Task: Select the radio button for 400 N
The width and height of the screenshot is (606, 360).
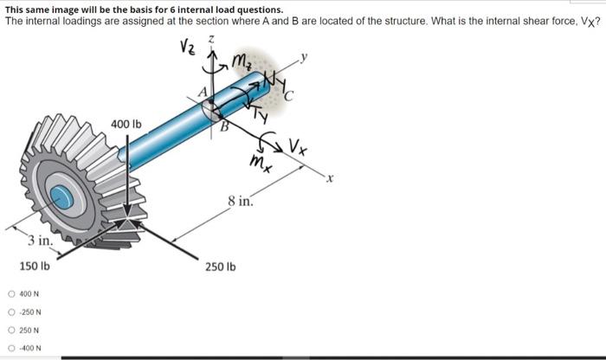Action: click(11, 294)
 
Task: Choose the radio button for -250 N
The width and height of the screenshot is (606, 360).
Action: click(11, 312)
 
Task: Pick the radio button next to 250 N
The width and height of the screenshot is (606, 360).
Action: click(11, 331)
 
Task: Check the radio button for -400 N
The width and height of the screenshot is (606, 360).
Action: click(11, 348)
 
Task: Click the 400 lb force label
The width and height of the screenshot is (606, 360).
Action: click(126, 125)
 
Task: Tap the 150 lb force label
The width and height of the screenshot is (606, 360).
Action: click(35, 267)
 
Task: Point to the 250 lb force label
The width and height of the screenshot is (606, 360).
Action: click(220, 267)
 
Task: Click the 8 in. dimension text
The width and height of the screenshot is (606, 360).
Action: click(241, 202)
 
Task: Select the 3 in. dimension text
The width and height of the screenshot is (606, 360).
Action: click(40, 241)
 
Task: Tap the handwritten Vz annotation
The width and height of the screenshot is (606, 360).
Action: click(188, 47)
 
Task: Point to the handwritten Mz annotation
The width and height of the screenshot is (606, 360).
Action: click(242, 61)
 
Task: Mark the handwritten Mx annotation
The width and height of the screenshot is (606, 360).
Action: click(261, 162)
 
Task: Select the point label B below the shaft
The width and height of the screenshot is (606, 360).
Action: click(224, 126)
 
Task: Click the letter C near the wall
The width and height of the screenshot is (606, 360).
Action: click(288, 95)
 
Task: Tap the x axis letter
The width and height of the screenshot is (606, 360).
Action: click(329, 178)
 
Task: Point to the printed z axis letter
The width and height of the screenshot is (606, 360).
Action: click(211, 40)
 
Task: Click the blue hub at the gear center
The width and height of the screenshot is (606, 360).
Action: click(61, 197)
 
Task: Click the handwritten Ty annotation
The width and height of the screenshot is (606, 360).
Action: click(261, 115)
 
